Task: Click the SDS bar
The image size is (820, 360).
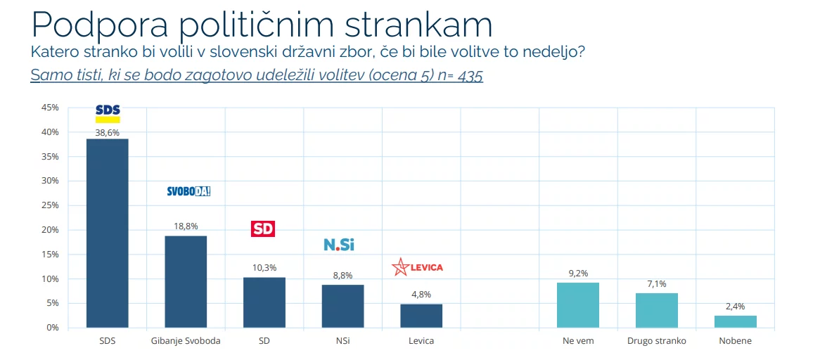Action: coord(107,233)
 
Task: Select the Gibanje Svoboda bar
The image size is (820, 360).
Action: coord(186,281)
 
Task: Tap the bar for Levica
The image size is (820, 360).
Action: coord(421,316)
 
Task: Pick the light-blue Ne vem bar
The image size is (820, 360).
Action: coord(577,304)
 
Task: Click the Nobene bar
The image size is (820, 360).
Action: coord(735,321)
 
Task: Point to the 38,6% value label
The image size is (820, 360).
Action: coord(108,132)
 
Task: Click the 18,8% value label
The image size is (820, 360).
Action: coord(186,226)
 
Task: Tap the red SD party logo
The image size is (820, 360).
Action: coord(263,229)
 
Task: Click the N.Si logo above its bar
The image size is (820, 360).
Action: coord(339,245)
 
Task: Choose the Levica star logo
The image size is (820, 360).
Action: coord(400,268)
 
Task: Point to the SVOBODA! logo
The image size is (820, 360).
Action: coord(188,191)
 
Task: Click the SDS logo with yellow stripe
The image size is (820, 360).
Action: coord(108,112)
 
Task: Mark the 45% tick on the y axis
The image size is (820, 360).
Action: coord(50,108)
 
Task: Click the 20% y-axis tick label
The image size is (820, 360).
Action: coord(50,230)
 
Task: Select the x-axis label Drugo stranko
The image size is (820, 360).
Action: coord(656,341)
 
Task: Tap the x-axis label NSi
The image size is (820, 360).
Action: coord(342,341)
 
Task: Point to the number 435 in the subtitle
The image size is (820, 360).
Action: coord(470,76)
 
